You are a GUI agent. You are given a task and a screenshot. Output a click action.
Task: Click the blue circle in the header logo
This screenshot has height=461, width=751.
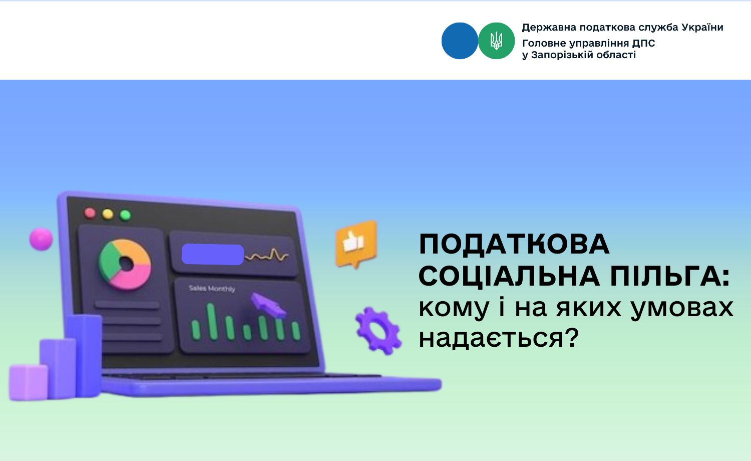click(460, 41)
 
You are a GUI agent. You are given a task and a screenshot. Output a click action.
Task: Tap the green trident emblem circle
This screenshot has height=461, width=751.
click(497, 41)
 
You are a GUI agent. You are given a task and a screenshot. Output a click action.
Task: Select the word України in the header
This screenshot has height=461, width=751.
click(702, 27)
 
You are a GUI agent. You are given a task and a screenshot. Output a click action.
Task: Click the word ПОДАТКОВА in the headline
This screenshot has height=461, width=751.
click(514, 244)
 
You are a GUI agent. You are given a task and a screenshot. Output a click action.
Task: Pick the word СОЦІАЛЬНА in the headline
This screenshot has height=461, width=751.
click(509, 276)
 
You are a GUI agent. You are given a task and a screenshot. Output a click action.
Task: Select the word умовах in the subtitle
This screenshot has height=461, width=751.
click(681, 308)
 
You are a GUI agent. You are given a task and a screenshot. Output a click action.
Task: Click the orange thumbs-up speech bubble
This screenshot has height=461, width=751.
click(356, 244)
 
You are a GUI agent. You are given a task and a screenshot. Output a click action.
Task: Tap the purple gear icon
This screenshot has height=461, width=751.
click(379, 331)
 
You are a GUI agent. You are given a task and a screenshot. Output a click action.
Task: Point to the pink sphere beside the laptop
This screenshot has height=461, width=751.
click(41, 239)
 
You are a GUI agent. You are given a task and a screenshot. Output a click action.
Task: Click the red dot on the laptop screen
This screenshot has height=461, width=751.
click(90, 213)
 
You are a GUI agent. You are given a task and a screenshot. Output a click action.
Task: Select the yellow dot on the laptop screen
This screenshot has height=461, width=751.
click(108, 214)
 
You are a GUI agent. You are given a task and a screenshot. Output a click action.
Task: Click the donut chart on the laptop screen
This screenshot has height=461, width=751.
click(125, 265)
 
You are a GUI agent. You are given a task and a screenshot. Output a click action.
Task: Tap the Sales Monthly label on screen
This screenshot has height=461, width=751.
click(212, 289)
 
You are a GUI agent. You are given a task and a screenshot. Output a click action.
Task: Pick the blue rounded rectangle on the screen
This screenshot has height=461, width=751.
click(213, 255)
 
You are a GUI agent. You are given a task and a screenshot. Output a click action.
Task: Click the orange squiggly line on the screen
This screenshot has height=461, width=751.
click(266, 256)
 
